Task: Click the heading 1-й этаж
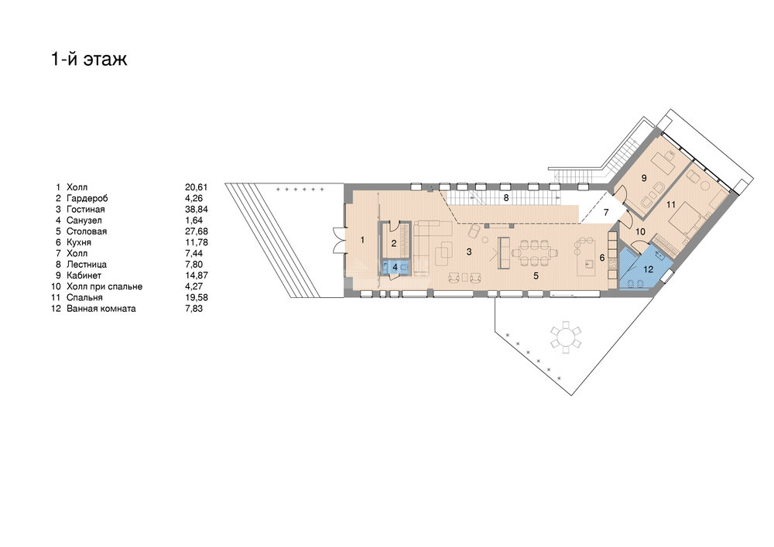pos(89,60)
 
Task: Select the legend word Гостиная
pos(85,210)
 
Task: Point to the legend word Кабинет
pos(84,275)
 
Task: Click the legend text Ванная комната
pos(101,309)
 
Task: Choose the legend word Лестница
pos(87,265)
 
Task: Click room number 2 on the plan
pos(394,243)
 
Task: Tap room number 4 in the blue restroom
pos(395,267)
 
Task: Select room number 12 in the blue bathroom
pos(648,269)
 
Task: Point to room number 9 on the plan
pos(644,178)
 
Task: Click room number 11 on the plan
pos(670,205)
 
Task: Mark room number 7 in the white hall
pos(606,212)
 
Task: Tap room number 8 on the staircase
pos(506,198)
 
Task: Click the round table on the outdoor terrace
pos(567,337)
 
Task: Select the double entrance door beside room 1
pos(339,240)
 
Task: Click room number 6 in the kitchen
pos(602,258)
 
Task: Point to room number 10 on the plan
pos(640,231)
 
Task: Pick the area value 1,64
pos(193,221)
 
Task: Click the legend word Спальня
pos(84,297)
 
